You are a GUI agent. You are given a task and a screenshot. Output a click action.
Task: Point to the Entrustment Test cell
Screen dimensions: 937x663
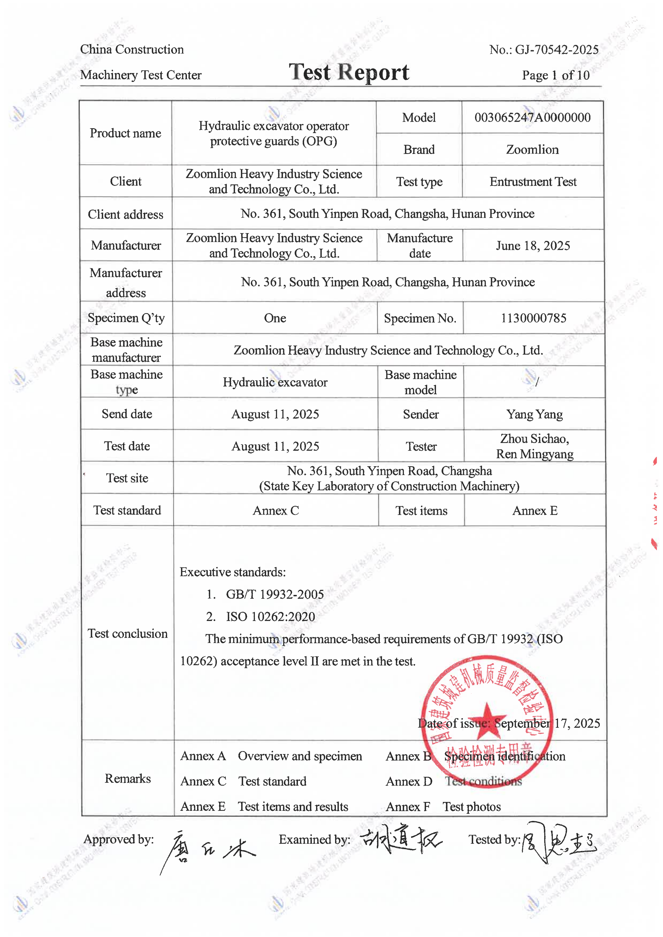coord(533,182)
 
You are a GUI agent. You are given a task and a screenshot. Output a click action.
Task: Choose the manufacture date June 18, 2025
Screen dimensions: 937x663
coord(533,246)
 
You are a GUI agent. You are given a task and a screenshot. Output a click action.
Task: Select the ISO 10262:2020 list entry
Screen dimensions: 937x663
coord(270,617)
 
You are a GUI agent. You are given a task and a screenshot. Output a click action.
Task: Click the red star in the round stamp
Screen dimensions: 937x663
coord(486,722)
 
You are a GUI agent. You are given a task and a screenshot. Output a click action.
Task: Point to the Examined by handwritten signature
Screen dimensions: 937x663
coord(400,841)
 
